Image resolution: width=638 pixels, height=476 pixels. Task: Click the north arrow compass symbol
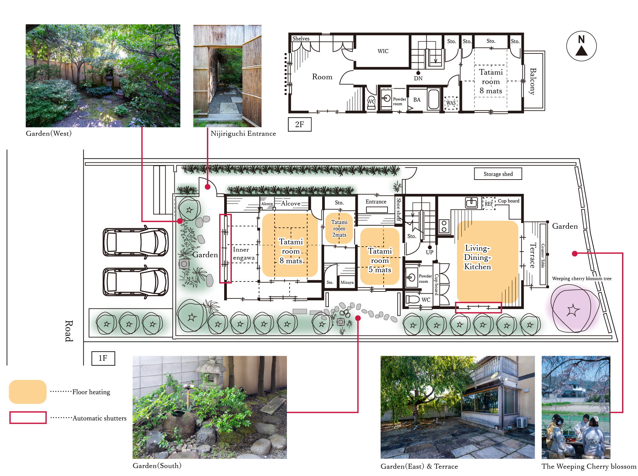click(581, 46)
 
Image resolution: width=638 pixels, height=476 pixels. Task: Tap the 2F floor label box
click(300, 124)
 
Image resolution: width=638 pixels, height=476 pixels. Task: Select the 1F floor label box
click(103, 358)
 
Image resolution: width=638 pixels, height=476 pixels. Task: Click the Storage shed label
click(498, 174)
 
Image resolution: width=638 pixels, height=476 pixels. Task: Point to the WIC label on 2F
click(383, 51)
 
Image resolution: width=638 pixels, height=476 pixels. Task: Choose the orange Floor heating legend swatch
click(28, 392)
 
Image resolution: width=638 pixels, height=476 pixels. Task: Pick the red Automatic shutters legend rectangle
click(28, 418)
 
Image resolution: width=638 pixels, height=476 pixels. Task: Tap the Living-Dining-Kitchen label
click(477, 257)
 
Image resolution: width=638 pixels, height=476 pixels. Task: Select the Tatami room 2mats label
click(339, 228)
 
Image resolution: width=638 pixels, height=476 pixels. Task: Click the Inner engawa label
click(244, 254)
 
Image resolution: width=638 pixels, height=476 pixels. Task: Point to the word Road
click(69, 331)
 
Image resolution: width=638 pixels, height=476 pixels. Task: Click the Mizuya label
click(347, 282)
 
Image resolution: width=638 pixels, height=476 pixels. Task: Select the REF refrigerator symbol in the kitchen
click(489, 203)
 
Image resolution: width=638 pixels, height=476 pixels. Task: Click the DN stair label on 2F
click(418, 78)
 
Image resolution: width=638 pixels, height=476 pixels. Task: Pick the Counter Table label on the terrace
click(543, 256)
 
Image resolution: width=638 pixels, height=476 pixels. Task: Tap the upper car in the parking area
click(136, 242)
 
